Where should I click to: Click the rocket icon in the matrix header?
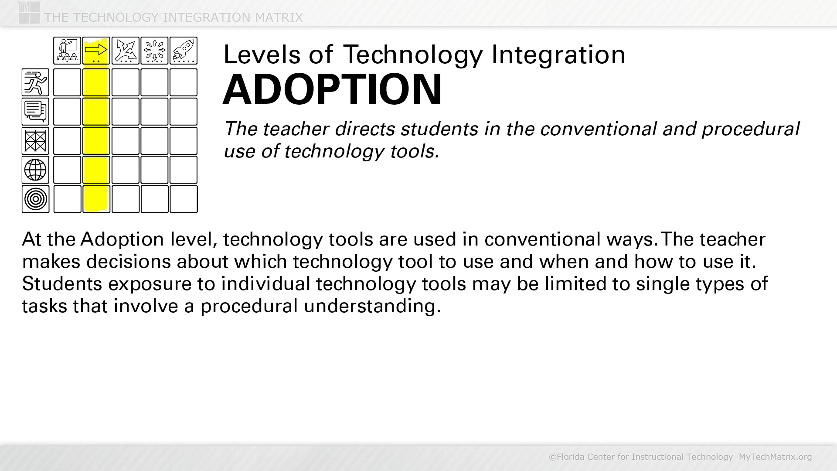click(x=184, y=51)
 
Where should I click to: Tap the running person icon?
click(x=35, y=82)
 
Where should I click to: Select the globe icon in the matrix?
click(x=35, y=170)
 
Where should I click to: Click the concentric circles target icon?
click(x=35, y=199)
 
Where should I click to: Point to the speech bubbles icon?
click(x=35, y=111)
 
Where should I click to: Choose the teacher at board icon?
click(x=67, y=51)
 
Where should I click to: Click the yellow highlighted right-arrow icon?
click(x=96, y=51)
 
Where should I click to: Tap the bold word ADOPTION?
click(x=333, y=89)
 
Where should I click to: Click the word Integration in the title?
click(x=558, y=55)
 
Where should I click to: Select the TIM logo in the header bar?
click(x=29, y=12)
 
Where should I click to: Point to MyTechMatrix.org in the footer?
click(x=775, y=457)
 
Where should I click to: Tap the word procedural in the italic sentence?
click(x=750, y=129)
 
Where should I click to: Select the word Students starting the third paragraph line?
click(x=62, y=283)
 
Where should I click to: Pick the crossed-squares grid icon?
click(x=35, y=140)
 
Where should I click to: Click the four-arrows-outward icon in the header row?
click(x=155, y=51)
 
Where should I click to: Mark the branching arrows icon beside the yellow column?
click(x=126, y=51)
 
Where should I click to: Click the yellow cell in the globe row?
click(x=96, y=170)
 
